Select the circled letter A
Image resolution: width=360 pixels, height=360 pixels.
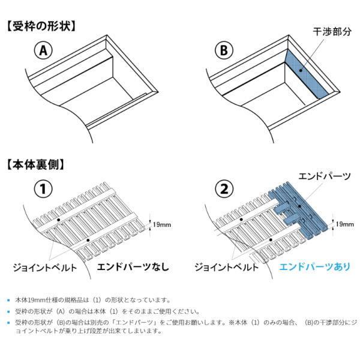[43, 51]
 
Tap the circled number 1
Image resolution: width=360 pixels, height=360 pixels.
[43, 190]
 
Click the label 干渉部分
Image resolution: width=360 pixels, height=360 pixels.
[332, 31]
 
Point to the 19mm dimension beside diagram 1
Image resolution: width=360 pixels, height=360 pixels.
[162, 224]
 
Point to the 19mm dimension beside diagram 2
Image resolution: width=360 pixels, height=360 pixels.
[344, 224]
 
